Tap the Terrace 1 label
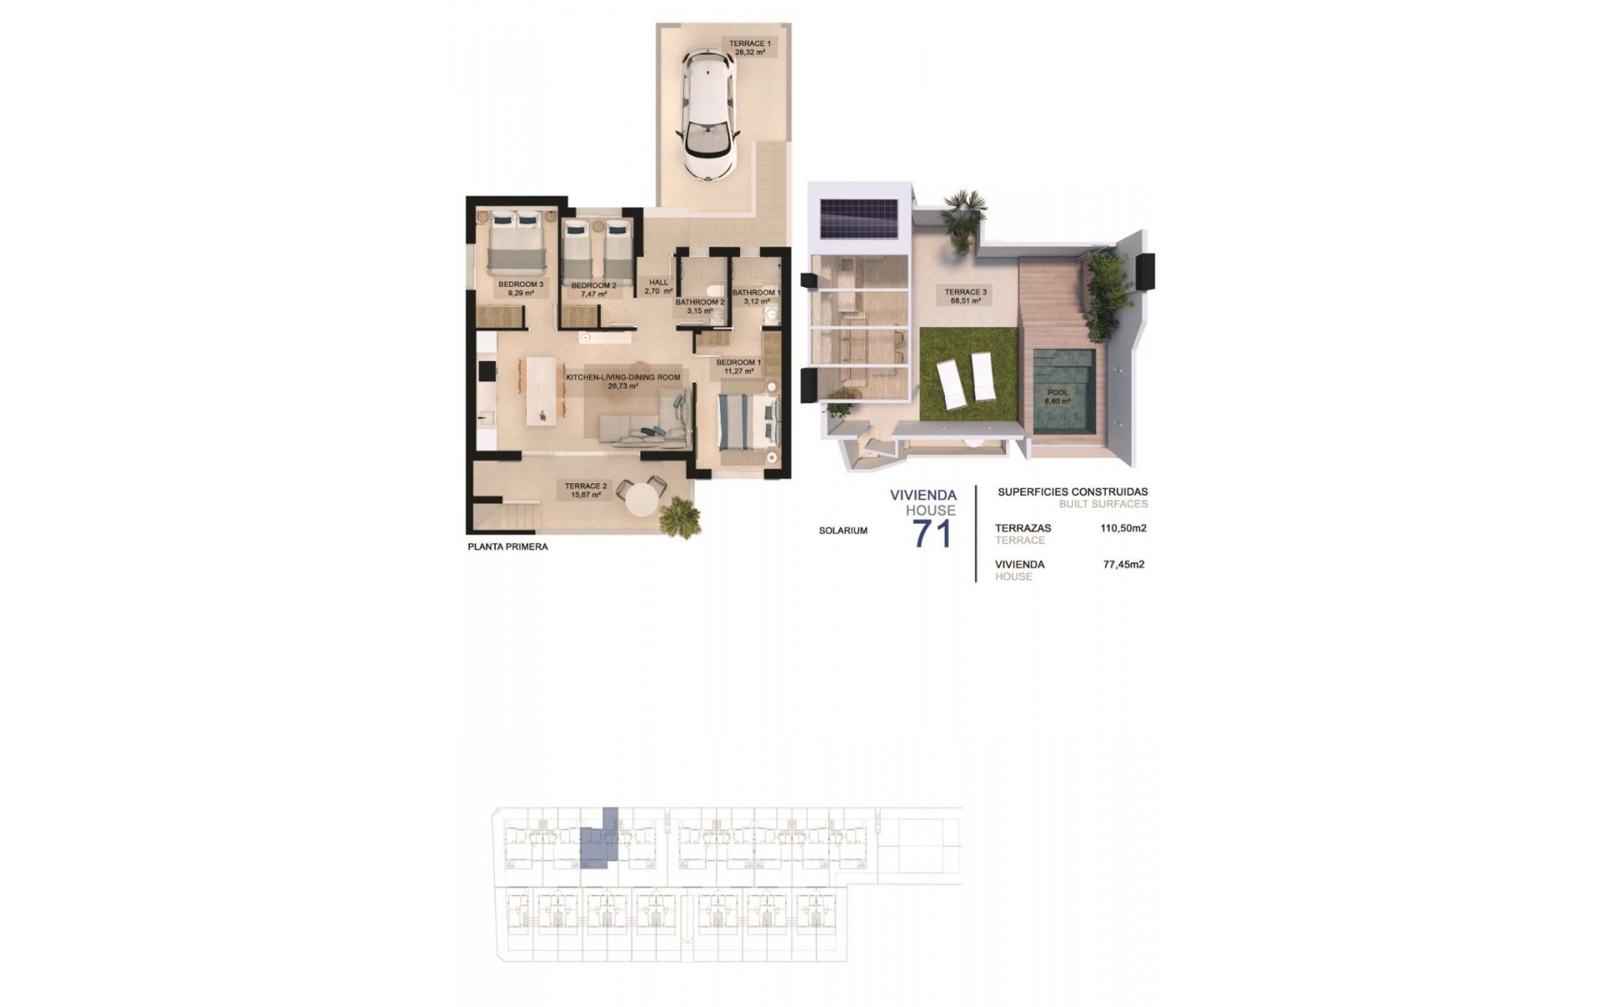pos(749,47)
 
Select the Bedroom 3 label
pos(521,289)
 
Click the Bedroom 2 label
pos(593,290)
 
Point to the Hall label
pos(659,287)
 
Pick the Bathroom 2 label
pos(699,306)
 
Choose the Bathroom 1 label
pos(756,298)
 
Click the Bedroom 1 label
pos(738,366)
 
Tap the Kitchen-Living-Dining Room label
pos(623,382)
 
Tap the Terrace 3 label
pos(966,296)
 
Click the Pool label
pos(1057,396)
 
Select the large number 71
pos(932,534)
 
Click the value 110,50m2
pos(1123,529)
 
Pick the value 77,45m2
pos(1124,565)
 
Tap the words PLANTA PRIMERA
pos(508,547)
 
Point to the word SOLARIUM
pos(843,530)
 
